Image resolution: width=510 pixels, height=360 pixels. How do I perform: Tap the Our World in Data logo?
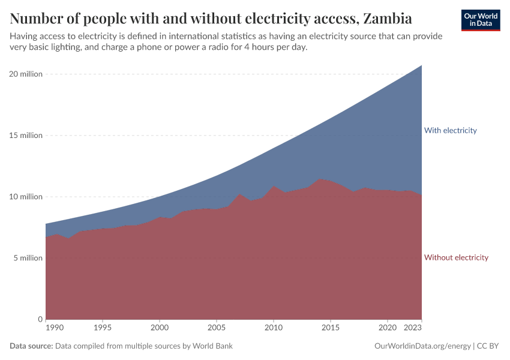[x=481, y=20]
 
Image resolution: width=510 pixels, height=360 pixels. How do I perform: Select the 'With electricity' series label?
[x=450, y=130]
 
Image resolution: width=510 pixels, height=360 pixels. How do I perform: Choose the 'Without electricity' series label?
[x=456, y=257]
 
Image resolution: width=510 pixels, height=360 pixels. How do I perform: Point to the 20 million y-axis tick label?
[x=26, y=74]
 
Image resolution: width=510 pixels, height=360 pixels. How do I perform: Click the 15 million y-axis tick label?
[x=26, y=135]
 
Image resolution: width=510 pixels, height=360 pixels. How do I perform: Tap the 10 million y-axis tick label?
[x=26, y=197]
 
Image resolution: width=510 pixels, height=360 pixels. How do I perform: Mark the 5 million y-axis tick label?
[x=28, y=258]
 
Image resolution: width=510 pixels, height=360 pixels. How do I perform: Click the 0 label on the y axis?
[x=40, y=319]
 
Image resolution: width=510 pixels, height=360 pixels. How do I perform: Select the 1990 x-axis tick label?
[x=54, y=328]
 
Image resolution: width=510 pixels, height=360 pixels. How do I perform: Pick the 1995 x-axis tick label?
[x=103, y=328]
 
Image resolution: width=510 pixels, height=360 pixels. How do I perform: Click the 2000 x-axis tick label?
[x=160, y=328]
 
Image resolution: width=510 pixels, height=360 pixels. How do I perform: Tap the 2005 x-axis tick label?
[x=217, y=328]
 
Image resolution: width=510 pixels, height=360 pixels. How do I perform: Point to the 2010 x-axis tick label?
[x=274, y=328]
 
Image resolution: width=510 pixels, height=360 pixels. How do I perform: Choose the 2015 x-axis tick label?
[x=331, y=328]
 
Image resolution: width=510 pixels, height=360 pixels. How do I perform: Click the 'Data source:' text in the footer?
[x=31, y=346]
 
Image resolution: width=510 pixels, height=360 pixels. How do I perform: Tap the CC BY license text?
[x=488, y=346]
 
